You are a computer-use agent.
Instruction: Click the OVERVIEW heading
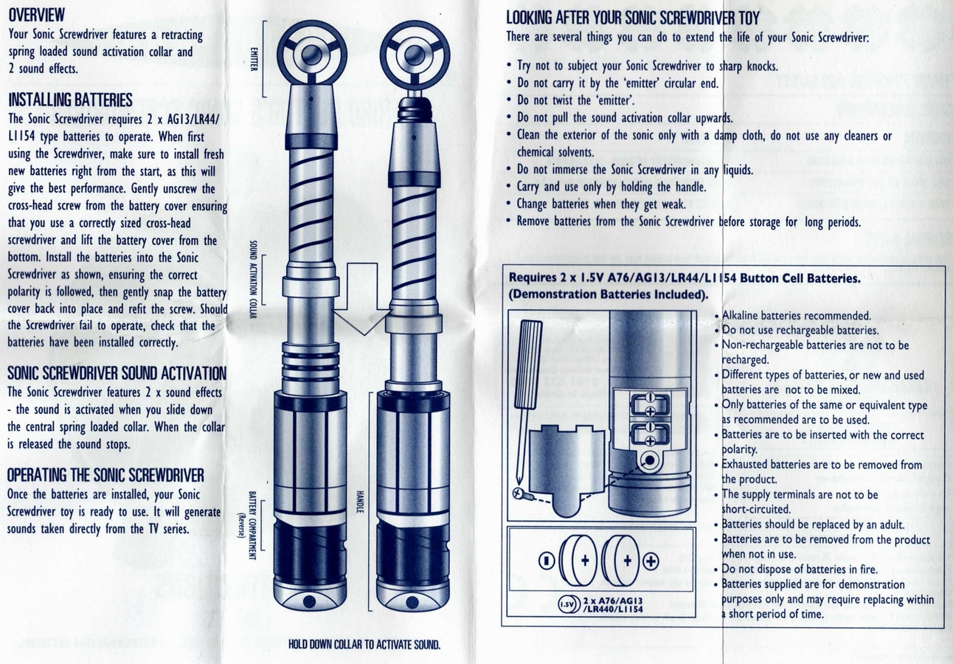(x=37, y=15)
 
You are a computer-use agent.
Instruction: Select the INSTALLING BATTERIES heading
(x=70, y=100)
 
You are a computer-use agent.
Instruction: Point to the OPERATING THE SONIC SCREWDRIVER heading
(x=105, y=475)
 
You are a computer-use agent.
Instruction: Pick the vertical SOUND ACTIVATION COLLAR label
(x=253, y=279)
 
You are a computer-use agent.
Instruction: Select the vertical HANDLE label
(x=360, y=502)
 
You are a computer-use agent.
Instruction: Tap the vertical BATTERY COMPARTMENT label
(x=249, y=526)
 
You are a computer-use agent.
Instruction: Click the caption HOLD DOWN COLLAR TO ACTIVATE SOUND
(x=364, y=644)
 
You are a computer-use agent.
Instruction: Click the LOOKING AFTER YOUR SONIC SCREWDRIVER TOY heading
(x=633, y=18)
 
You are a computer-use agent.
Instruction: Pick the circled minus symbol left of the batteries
(x=547, y=561)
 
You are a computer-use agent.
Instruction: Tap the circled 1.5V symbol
(x=567, y=604)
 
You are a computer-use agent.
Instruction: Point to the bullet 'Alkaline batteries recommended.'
(x=793, y=316)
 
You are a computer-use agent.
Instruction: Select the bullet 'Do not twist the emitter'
(x=570, y=100)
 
